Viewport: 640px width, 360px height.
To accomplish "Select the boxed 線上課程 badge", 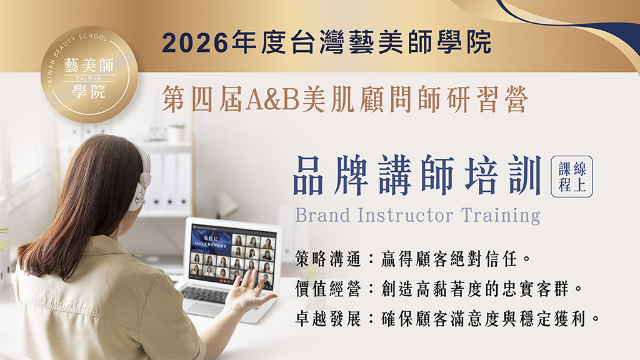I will pos(571,176).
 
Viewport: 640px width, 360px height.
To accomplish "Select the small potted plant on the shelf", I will pos(176,132).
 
